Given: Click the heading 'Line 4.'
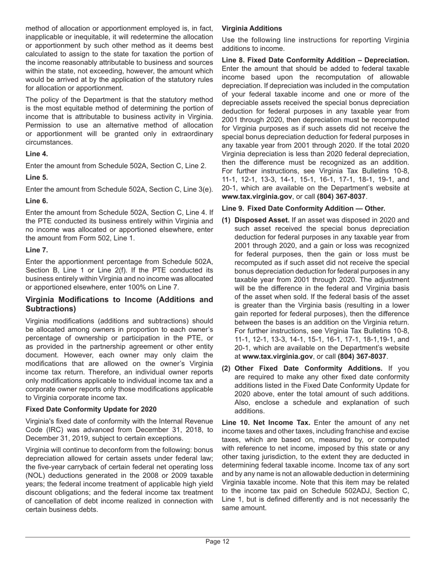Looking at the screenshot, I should (37, 154).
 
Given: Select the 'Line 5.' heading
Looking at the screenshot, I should (37, 178).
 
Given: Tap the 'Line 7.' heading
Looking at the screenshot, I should (37, 250).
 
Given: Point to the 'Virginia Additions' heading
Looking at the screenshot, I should (252, 28).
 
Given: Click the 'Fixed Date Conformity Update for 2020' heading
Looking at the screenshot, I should (91, 409).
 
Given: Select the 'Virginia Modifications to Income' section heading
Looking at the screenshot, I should (119, 304).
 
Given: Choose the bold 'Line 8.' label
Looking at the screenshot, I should (234, 60).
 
